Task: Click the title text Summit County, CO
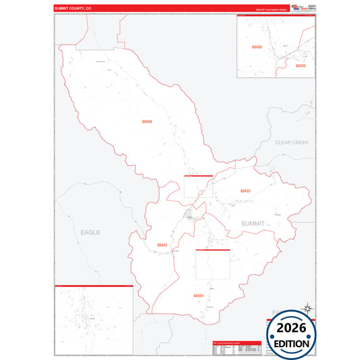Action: [73, 9]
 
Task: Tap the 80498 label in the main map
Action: [147, 122]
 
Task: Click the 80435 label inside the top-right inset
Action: [301, 66]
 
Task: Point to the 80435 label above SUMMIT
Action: [245, 191]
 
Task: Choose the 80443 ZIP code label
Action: [161, 245]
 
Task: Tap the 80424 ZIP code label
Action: [198, 296]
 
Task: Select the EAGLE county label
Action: [90, 232]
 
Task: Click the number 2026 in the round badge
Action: [292, 328]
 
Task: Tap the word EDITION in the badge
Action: [292, 343]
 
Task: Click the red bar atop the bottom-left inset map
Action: [93, 286]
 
